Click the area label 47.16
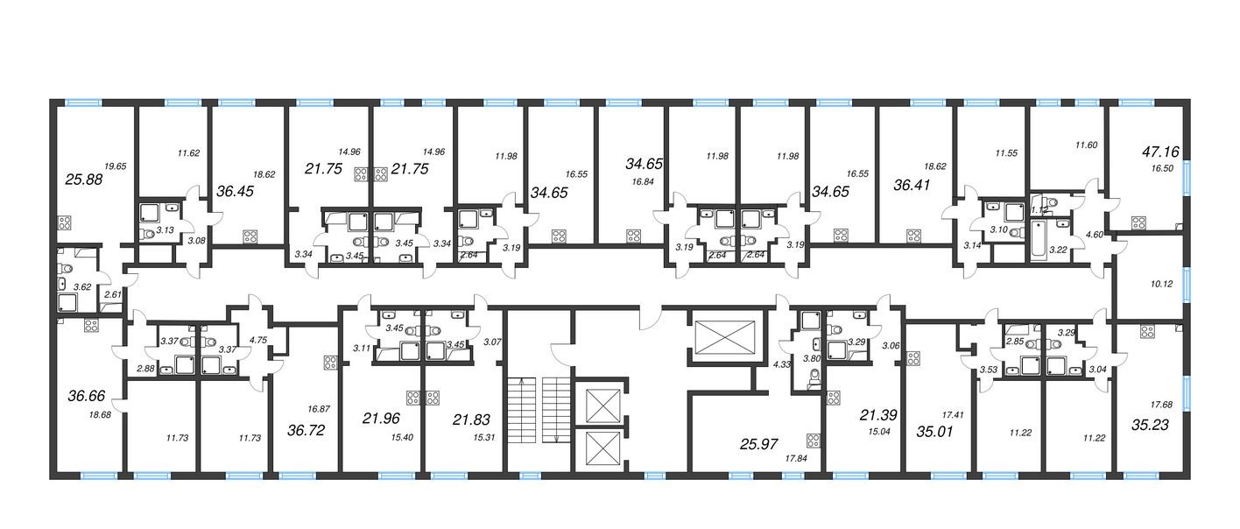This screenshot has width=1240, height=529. coord(1161,152)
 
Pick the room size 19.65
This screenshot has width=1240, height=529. coord(116,166)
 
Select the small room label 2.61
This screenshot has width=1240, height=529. coord(111,294)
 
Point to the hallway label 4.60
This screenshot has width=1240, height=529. coord(1094,235)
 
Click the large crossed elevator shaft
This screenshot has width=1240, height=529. coord(723,336)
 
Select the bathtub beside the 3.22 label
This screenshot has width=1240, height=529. coord(1038,237)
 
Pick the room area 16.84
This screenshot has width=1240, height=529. coord(631,182)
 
